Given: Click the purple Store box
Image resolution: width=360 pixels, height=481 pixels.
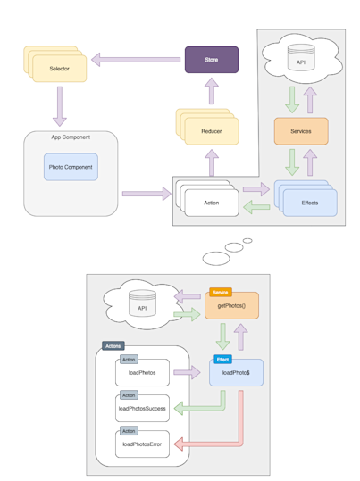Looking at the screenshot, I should click(212, 60).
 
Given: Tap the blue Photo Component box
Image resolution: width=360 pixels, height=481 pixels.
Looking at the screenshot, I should click(71, 167).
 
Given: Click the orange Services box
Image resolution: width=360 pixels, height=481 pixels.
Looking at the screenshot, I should click(300, 131).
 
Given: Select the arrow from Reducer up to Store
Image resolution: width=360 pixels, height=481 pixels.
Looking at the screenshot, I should click(212, 90).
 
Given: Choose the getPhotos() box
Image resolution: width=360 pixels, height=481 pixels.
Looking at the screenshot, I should click(232, 306).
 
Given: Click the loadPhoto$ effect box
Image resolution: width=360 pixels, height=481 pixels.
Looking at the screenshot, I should click(236, 373).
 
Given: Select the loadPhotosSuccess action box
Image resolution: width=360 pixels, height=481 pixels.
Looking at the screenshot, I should click(142, 408).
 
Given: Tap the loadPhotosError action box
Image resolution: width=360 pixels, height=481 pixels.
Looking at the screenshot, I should click(142, 444).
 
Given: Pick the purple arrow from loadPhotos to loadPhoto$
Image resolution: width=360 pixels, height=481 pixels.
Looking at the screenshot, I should click(188, 372).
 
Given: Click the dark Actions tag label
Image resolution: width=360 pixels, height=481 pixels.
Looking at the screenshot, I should click(113, 345).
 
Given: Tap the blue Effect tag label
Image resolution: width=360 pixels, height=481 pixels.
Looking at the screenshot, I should click(222, 359).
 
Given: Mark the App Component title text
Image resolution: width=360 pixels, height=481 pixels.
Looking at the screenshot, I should click(71, 137).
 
